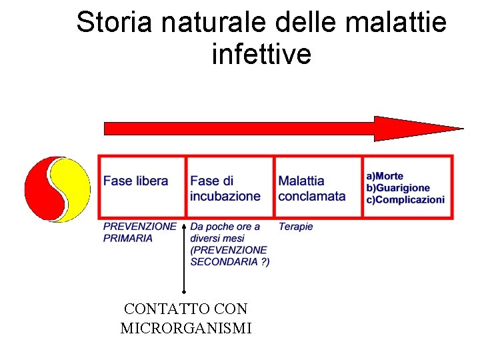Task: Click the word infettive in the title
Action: (261, 55)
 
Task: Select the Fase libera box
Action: (141, 187)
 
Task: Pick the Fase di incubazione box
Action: (229, 187)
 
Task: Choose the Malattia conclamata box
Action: (317, 187)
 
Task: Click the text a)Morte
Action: (385, 176)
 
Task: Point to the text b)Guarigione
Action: (398, 188)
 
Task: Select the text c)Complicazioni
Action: (405, 200)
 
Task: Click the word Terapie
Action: (295, 227)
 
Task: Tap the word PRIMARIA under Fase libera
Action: (128, 238)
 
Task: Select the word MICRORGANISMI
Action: (186, 328)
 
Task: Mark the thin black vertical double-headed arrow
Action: (184, 253)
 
